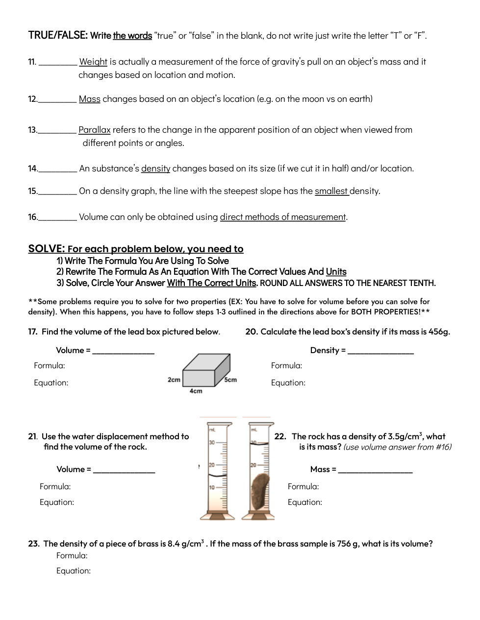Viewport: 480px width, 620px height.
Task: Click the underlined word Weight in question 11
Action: point(93,62)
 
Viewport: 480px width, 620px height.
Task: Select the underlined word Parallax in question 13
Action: point(95,130)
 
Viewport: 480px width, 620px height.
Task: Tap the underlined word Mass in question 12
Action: point(90,99)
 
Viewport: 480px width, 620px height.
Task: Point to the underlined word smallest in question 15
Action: point(331,191)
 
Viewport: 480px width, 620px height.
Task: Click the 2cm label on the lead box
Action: point(174,380)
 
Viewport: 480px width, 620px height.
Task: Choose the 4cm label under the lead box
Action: point(196,391)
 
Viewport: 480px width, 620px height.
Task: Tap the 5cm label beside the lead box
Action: point(230,380)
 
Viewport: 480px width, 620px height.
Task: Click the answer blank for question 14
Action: point(58,169)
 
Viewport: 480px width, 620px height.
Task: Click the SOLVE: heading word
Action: point(47,249)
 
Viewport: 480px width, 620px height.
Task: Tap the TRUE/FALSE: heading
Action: point(58,35)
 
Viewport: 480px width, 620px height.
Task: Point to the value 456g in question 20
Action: point(439,332)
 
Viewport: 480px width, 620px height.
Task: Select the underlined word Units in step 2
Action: point(336,271)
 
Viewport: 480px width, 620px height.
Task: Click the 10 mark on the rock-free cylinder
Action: point(212,488)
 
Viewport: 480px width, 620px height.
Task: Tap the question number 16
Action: point(32,217)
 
